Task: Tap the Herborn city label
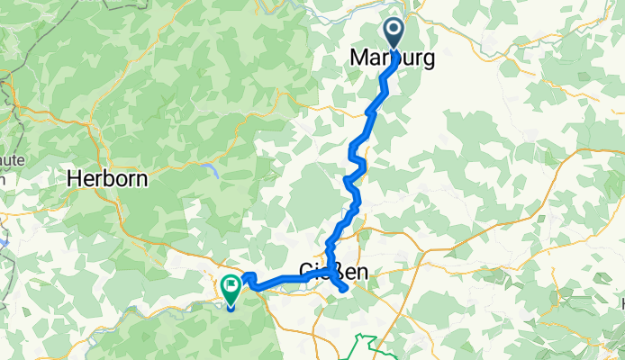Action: click(x=107, y=179)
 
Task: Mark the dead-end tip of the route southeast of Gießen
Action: click(x=345, y=288)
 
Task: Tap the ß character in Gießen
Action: click(x=336, y=269)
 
